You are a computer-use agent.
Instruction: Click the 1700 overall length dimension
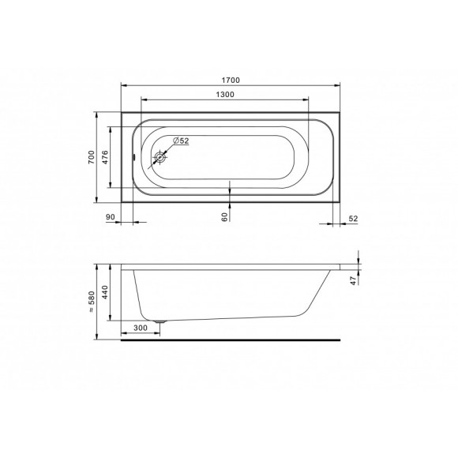[231, 80]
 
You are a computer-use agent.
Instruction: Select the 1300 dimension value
[225, 94]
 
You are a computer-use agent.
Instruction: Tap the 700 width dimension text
[92, 157]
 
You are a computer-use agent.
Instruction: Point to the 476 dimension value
[105, 157]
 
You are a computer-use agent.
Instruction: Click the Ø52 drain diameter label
[181, 141]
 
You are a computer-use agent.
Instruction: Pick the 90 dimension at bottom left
[110, 217]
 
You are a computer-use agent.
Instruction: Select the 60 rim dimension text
[224, 217]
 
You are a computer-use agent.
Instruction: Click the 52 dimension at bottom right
[353, 219]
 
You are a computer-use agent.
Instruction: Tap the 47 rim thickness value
[354, 280]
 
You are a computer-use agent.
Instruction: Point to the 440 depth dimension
[105, 292]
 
